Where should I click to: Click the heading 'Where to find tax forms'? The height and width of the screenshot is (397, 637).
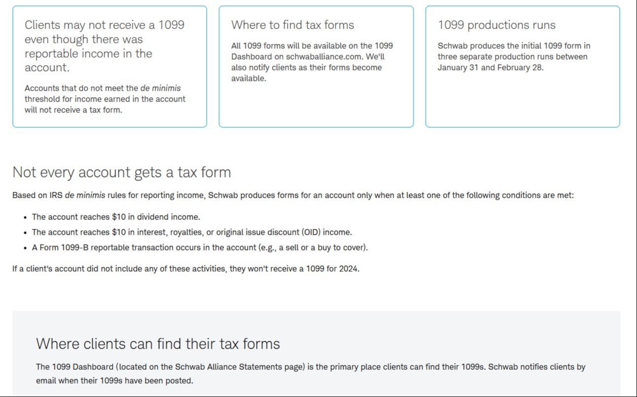292,25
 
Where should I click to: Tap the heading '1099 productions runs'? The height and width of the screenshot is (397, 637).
496,25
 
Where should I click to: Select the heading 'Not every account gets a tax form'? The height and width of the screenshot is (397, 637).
122,172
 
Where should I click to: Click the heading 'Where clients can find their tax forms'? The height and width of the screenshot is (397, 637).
158,344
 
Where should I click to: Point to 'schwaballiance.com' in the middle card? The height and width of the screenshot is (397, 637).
325,57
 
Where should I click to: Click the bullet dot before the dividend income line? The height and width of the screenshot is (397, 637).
25,217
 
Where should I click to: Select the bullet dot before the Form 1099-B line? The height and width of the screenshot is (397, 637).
25,248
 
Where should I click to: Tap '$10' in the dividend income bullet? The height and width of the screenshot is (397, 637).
118,217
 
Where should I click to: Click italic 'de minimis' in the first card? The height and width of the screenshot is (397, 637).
160,88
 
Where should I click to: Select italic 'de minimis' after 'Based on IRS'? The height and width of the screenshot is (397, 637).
85,195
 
